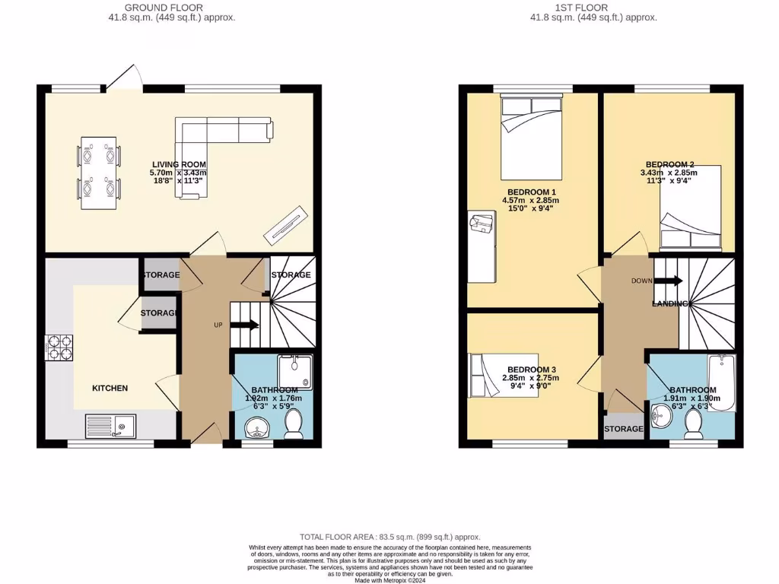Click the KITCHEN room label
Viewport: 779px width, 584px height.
point(110,388)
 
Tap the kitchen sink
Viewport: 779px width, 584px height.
point(110,426)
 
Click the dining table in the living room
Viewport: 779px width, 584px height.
point(99,173)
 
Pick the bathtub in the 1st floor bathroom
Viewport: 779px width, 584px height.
point(720,382)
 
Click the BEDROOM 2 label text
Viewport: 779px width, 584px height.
point(669,164)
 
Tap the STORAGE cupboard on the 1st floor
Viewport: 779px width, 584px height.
point(624,429)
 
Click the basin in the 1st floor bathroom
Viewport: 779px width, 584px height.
point(663,414)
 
